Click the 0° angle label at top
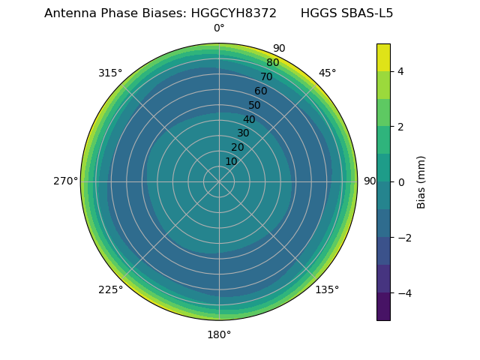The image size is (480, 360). (219, 28)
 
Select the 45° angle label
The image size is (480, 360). (327, 73)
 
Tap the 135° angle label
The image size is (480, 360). (327, 289)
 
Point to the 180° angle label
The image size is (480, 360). (219, 334)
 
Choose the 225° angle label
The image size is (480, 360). (110, 289)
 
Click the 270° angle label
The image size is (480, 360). (66, 181)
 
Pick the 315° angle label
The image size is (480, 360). (110, 73)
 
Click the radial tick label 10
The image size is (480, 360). (231, 161)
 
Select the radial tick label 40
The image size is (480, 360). (249, 119)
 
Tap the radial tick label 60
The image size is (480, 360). (260, 91)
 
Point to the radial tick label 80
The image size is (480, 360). (272, 62)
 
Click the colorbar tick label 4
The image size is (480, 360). (401, 71)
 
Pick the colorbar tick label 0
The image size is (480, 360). (401, 182)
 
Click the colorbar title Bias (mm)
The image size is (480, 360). (421, 181)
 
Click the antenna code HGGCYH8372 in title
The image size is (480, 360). (234, 13)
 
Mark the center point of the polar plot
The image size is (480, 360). (219, 181)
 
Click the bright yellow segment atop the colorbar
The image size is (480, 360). (383, 57)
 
